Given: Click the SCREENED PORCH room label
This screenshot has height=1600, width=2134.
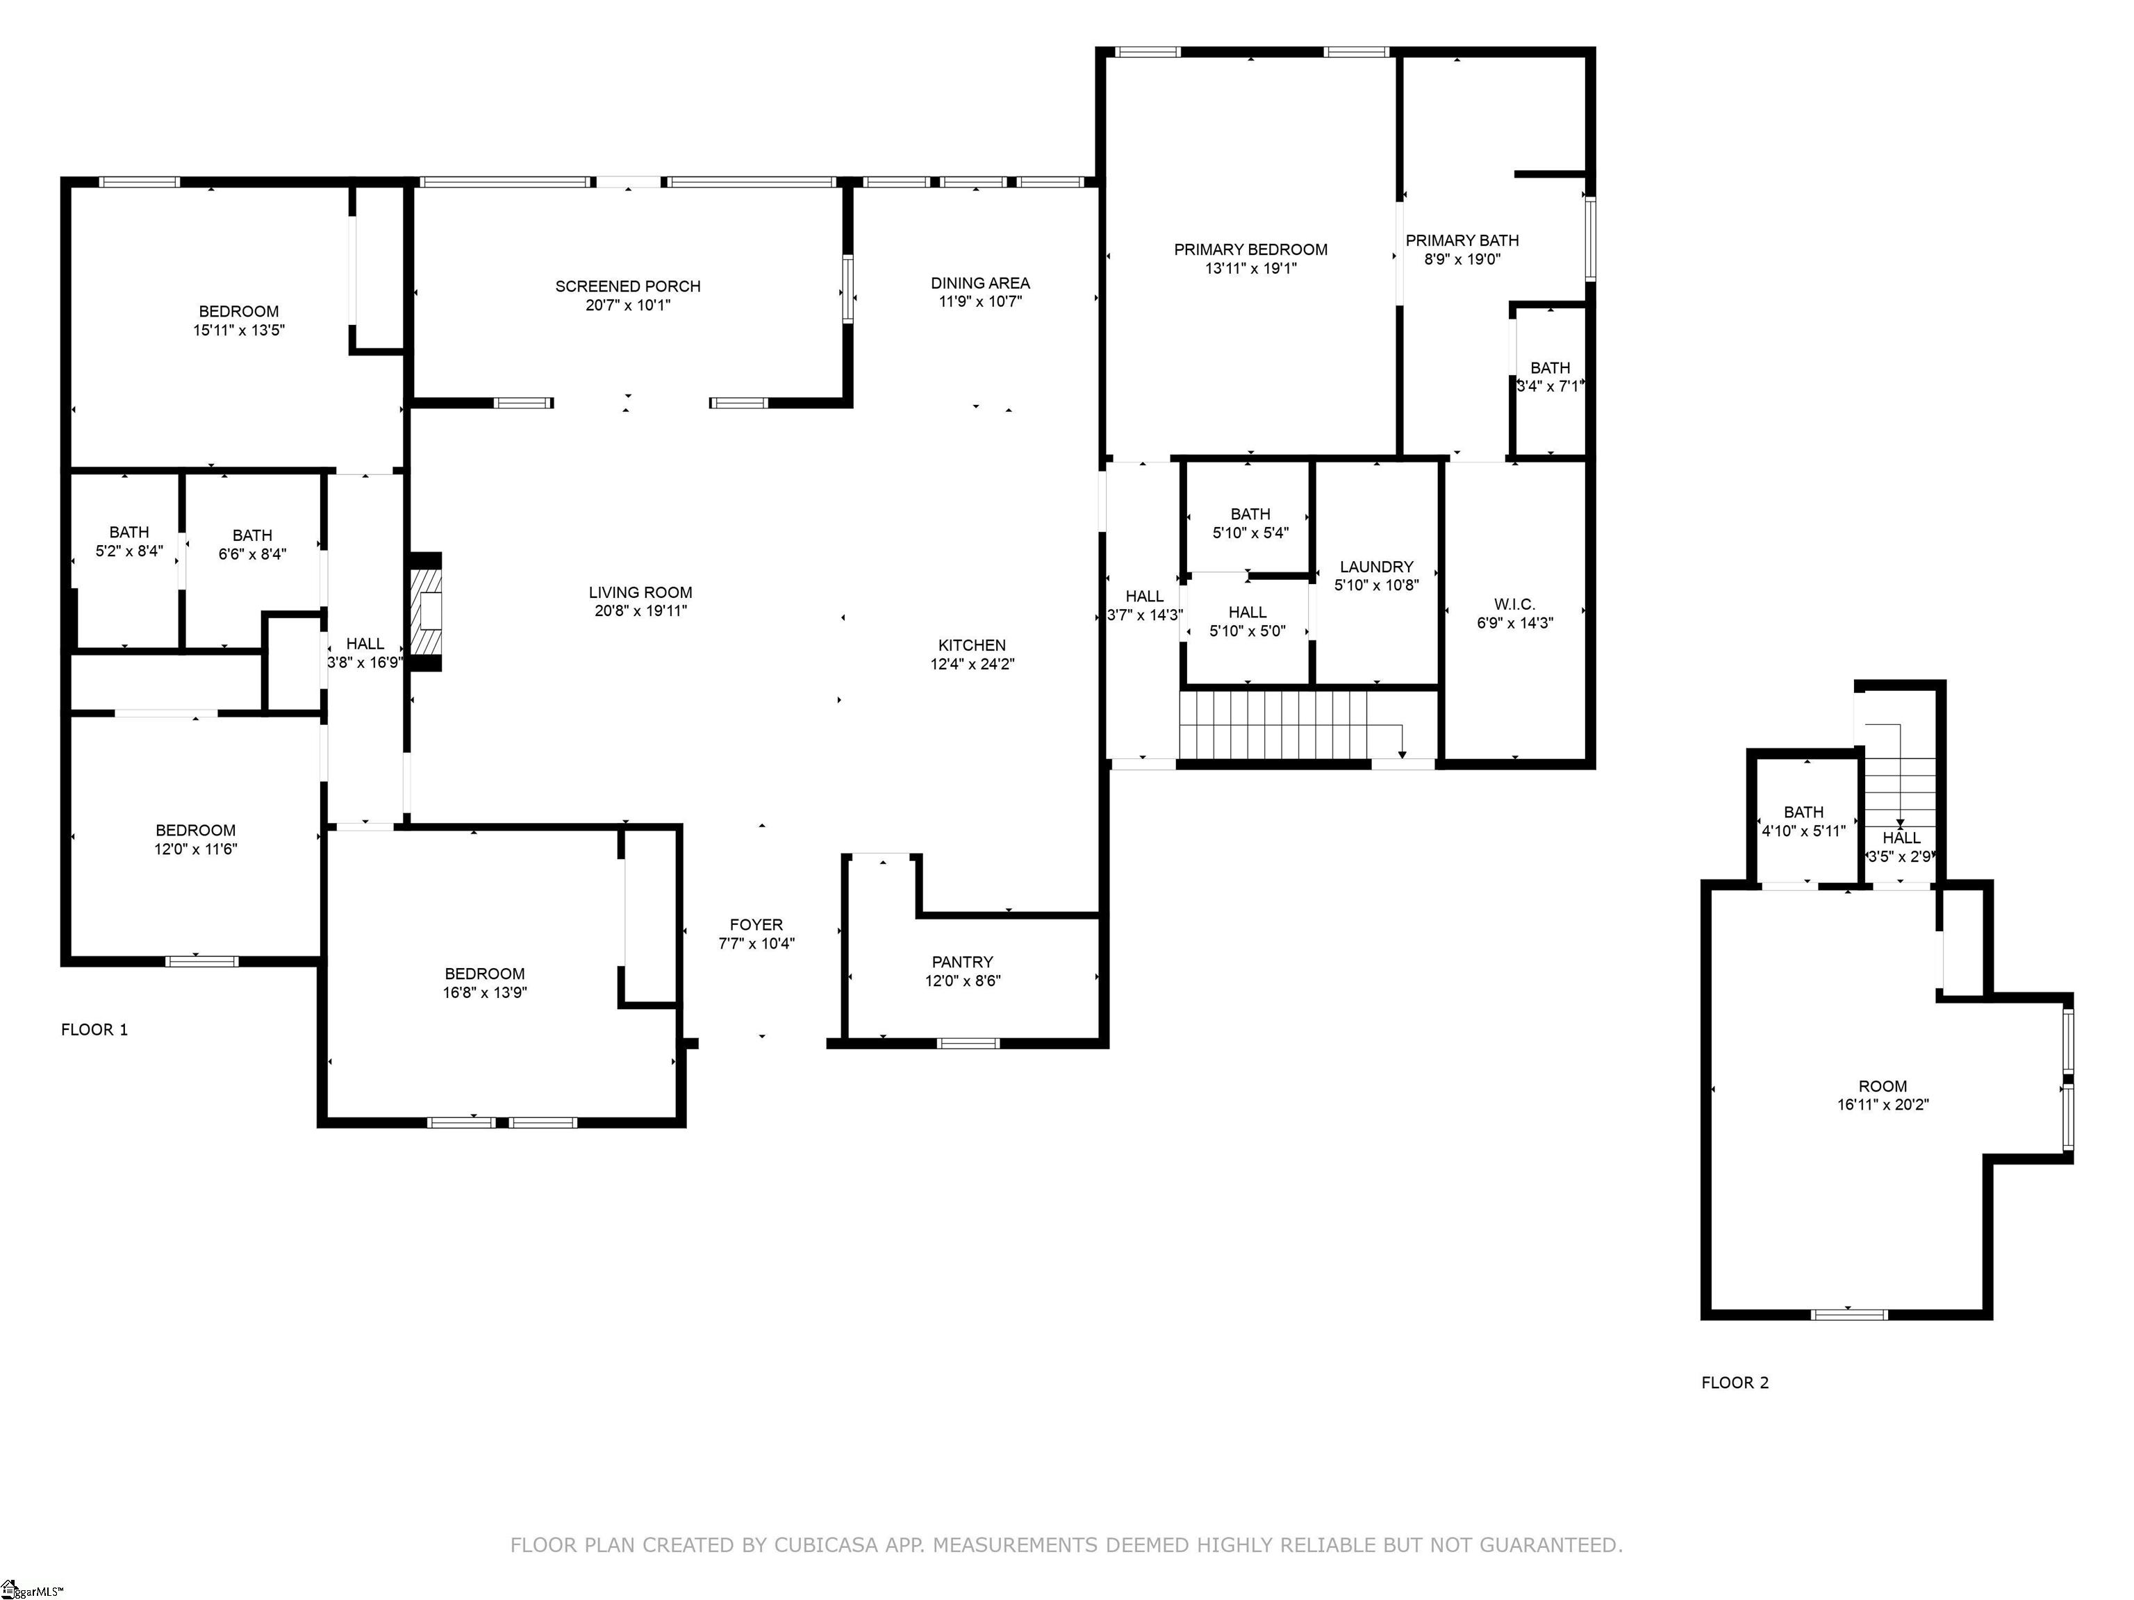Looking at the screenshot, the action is (628, 286).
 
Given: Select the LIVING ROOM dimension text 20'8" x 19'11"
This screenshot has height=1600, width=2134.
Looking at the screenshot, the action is (640, 610).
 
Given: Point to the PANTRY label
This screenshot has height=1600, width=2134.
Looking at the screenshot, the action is (962, 962).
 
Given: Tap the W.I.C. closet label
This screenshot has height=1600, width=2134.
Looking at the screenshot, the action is (1514, 605).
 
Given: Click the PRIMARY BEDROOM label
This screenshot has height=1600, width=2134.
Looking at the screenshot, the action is (1250, 250).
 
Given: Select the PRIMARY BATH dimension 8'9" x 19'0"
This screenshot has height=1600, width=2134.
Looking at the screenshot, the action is (1462, 258).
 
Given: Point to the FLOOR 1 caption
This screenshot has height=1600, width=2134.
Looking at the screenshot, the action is (94, 1030).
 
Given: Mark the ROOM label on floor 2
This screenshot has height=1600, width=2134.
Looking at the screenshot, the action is (1883, 1086).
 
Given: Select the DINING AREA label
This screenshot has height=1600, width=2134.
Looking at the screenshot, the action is (980, 283).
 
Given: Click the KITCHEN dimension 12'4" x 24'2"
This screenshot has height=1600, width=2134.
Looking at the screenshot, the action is (973, 663).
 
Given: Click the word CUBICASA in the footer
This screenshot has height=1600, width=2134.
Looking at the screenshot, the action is (826, 1546).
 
